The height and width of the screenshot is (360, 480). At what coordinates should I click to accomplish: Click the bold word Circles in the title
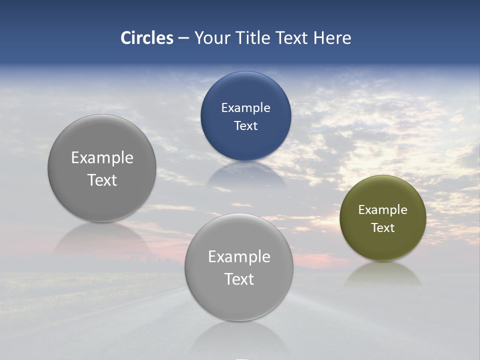(x=146, y=38)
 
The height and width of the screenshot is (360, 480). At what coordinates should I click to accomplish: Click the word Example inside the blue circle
(x=245, y=108)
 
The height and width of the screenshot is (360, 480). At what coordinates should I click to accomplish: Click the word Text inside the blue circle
(x=245, y=126)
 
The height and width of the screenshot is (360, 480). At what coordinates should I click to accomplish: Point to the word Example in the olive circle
(x=382, y=210)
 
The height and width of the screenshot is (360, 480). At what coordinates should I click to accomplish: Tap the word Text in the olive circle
(x=382, y=228)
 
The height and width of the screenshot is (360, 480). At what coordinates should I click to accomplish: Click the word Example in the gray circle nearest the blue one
(x=102, y=158)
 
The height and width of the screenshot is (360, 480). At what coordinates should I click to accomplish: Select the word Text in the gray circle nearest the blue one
(x=102, y=180)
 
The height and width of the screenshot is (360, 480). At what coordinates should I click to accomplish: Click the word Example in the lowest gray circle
(x=239, y=257)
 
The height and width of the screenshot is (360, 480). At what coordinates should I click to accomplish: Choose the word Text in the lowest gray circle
(x=239, y=279)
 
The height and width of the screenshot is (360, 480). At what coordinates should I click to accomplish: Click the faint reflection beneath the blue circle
(x=245, y=175)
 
